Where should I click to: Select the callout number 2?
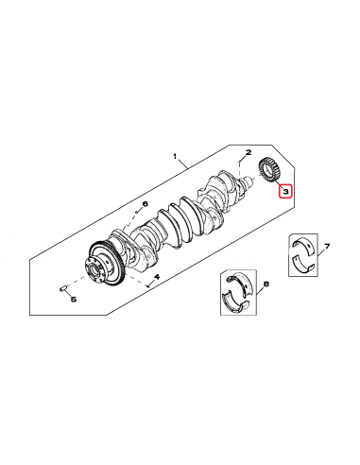[x=248, y=152]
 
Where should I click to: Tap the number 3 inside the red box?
[x=284, y=192]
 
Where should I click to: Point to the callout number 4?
[x=157, y=277]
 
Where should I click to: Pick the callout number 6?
[x=146, y=204]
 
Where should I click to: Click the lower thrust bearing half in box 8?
[x=234, y=302]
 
